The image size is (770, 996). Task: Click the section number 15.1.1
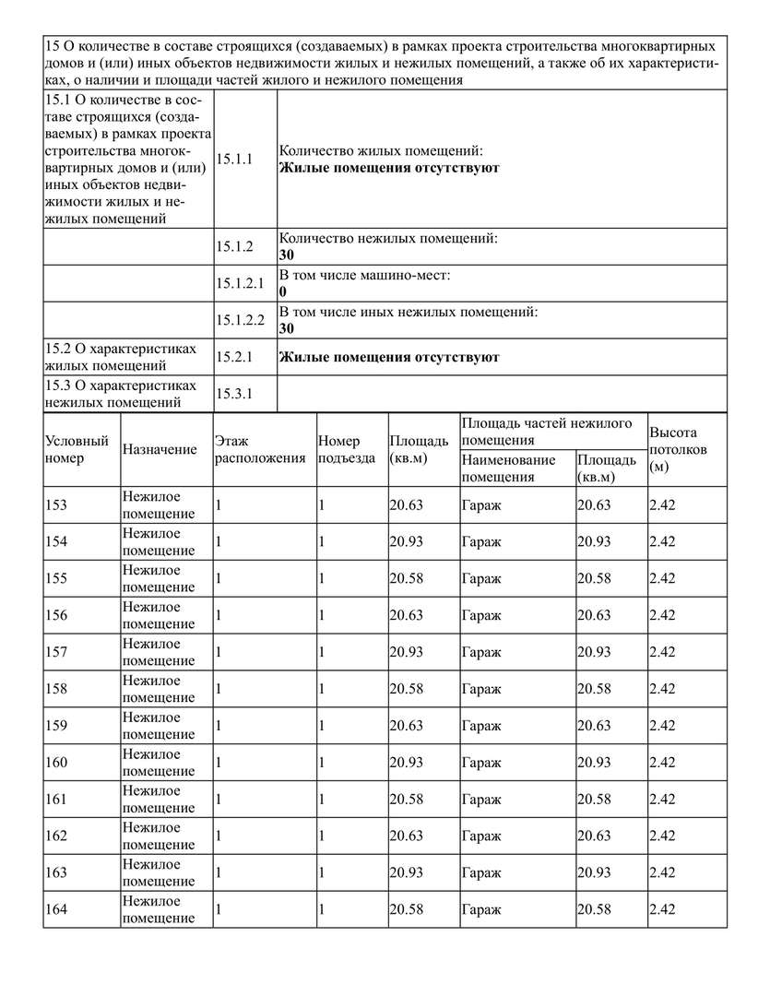pyautogui.click(x=233, y=160)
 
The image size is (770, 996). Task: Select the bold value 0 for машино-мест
pyautogui.click(x=282, y=291)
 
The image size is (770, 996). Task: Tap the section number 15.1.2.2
pyautogui.click(x=240, y=320)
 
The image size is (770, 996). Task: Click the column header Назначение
pyautogui.click(x=160, y=449)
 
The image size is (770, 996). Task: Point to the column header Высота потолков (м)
pyautogui.click(x=678, y=449)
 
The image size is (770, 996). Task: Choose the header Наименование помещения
pyautogui.click(x=508, y=468)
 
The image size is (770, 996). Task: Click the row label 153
pyautogui.click(x=56, y=504)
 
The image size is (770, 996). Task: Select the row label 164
pyautogui.click(x=56, y=909)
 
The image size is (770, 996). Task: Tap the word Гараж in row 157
pyautogui.click(x=481, y=652)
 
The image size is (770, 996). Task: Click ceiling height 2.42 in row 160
pyautogui.click(x=662, y=763)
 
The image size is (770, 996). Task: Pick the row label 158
pyautogui.click(x=56, y=689)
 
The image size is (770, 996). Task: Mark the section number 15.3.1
pyautogui.click(x=233, y=394)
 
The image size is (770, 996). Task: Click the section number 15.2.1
pyautogui.click(x=233, y=357)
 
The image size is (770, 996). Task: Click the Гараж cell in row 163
pyautogui.click(x=481, y=872)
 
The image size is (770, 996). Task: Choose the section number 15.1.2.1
pyautogui.click(x=240, y=283)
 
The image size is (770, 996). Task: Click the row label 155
pyautogui.click(x=56, y=578)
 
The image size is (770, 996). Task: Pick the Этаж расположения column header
pyautogui.click(x=259, y=449)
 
